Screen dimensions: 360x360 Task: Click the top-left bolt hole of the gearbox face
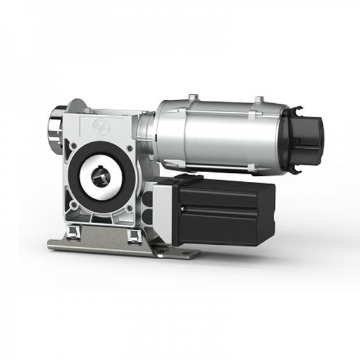[x=73, y=145]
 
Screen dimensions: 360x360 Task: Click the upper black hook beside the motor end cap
[x=296, y=111]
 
